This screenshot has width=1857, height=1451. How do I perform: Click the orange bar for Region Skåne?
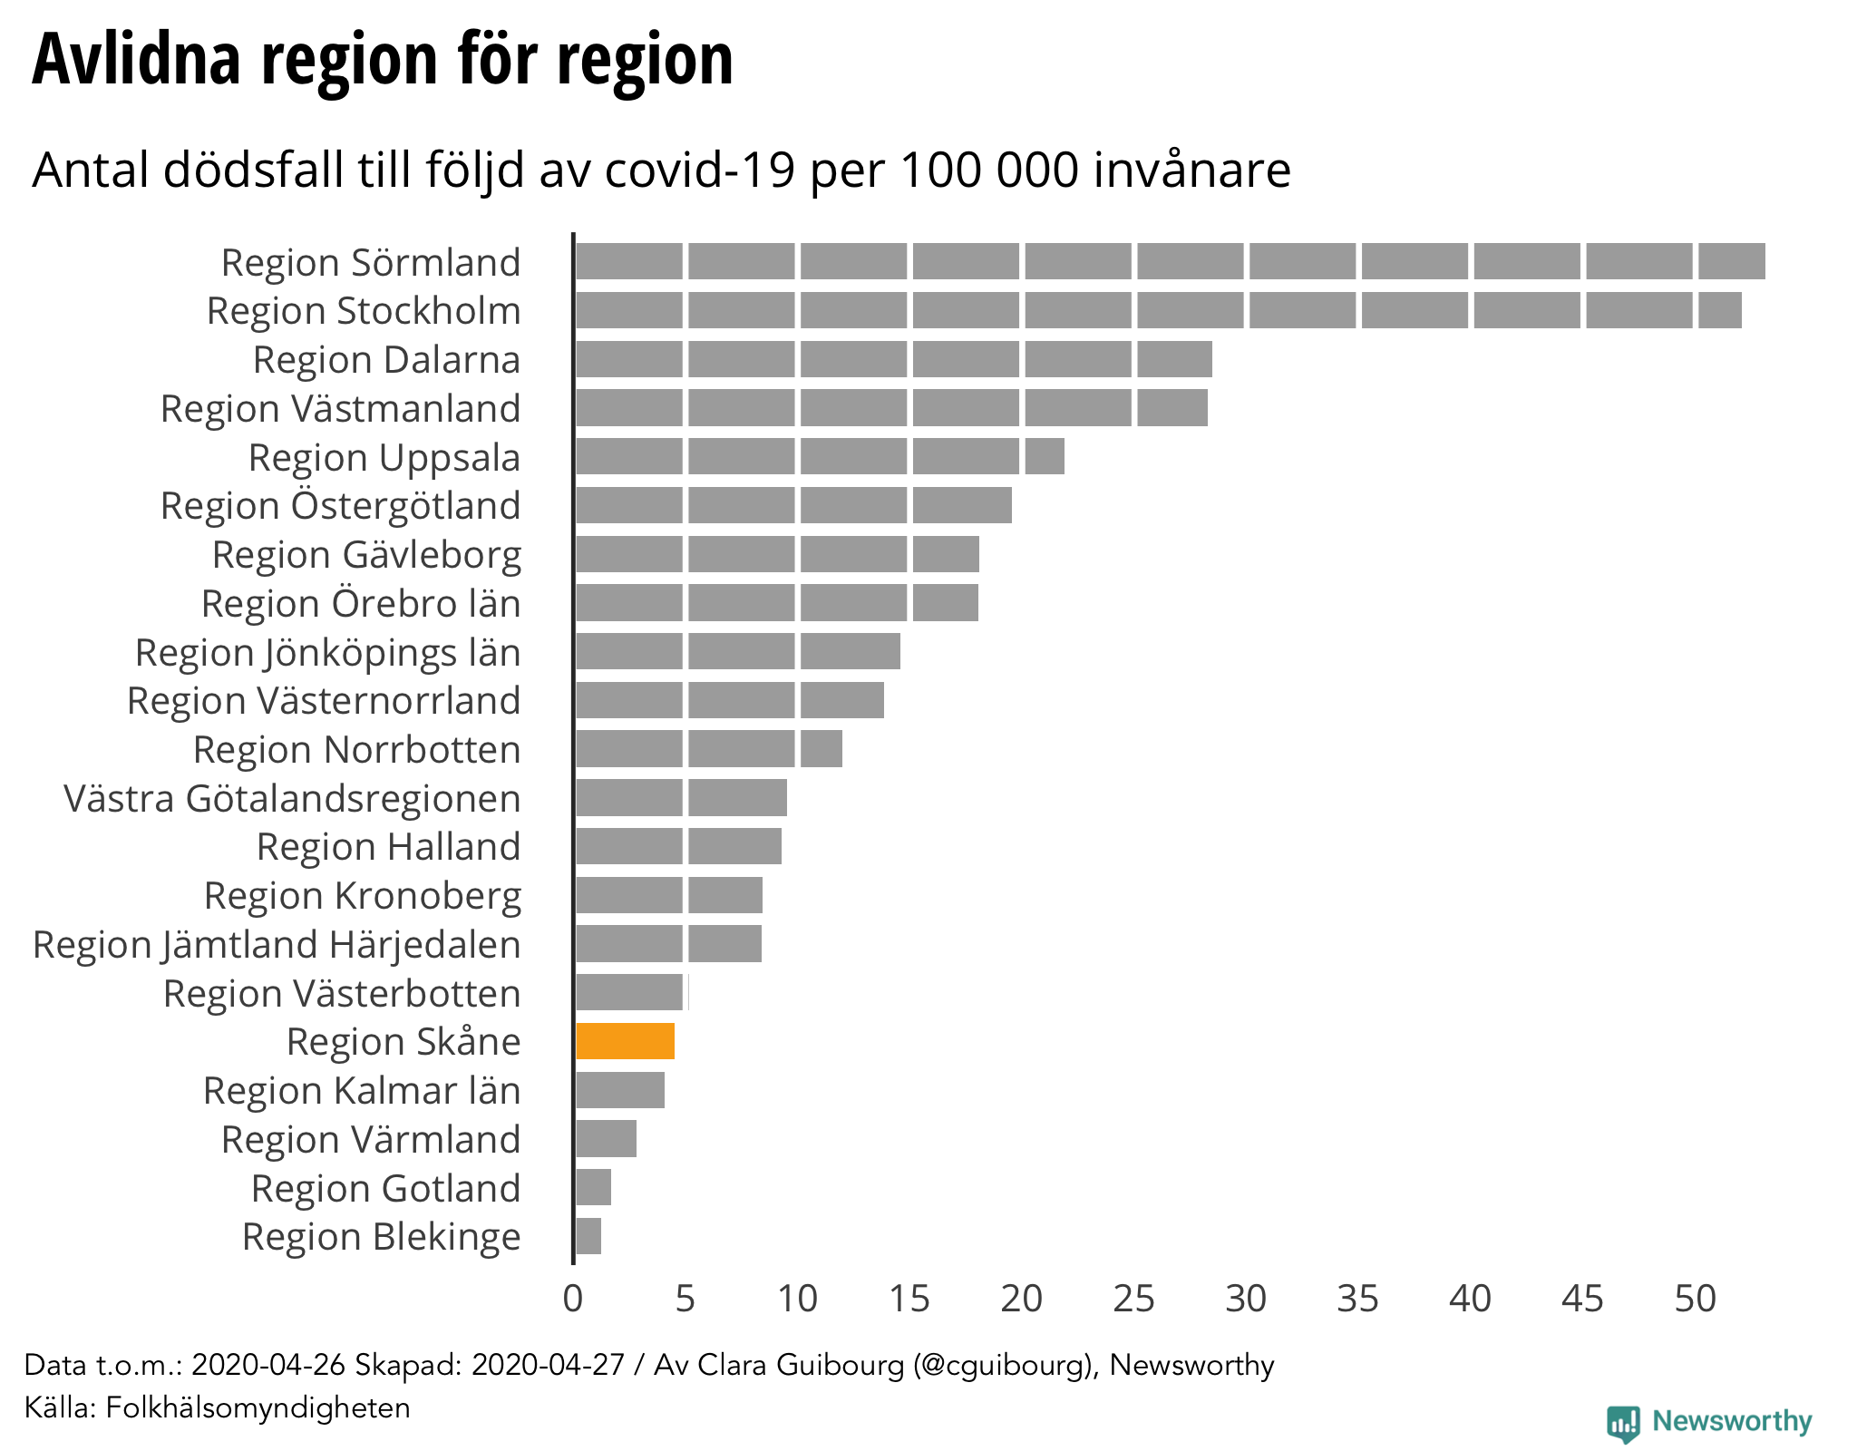625,1041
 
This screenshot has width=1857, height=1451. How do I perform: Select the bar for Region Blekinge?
588,1236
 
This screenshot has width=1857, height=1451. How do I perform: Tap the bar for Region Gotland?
594,1187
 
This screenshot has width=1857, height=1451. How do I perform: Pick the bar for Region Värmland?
606,1139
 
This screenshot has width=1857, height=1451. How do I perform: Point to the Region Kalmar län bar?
620,1090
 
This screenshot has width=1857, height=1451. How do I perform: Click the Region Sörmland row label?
371,262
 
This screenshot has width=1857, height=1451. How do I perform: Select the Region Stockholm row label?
364,311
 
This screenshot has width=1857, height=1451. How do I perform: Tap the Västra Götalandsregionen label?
292,799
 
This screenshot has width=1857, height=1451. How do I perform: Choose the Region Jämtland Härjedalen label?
277,945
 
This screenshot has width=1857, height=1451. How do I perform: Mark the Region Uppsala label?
384,458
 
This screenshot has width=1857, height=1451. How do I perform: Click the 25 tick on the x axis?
1134,1299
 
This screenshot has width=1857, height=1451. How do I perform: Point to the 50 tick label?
1695,1299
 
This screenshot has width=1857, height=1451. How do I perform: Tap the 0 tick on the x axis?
573,1299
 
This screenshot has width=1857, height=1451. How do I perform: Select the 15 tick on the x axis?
909,1299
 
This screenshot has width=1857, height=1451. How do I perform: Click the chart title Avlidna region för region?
382,60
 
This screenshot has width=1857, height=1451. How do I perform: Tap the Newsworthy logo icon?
1623,1423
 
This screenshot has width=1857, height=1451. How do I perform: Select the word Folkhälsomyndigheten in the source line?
258,1407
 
